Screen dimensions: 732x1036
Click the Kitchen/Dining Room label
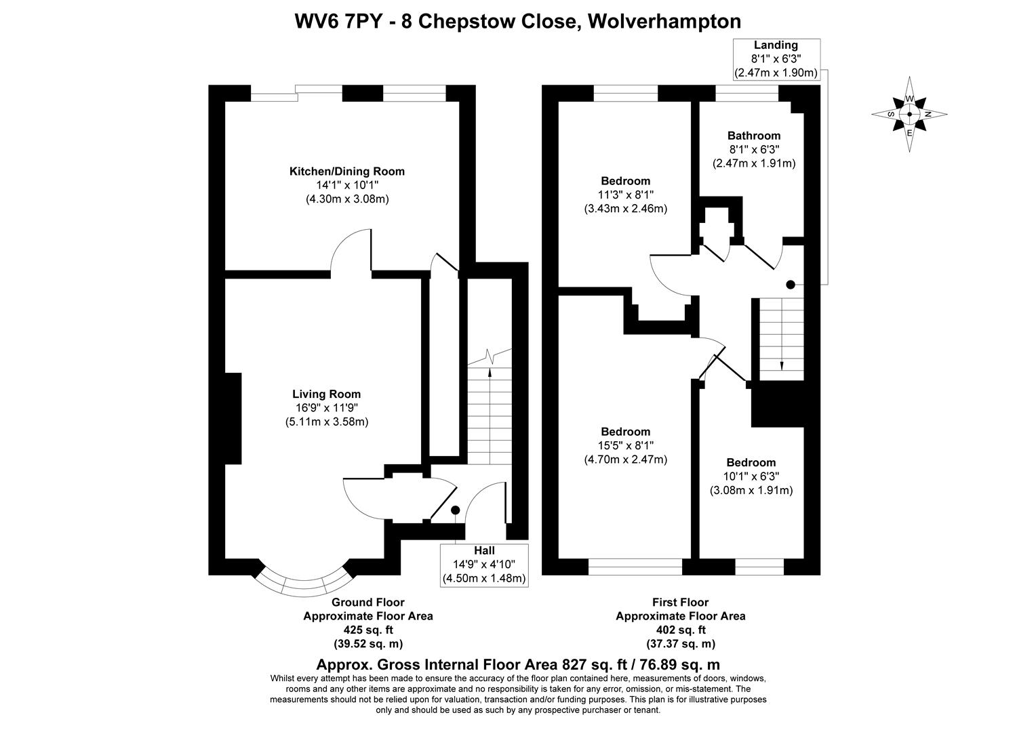pos(347,171)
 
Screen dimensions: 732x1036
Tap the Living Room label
pos(326,394)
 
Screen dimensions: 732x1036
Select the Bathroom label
pos(753,136)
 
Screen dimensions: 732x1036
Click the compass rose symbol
pos(909,114)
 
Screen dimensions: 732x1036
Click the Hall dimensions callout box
pos(483,565)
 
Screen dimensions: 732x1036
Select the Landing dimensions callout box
pos(776,59)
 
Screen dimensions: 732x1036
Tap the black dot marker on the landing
pos(791,285)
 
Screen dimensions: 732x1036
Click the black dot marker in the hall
pos(455,510)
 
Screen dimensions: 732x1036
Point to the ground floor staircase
pos(489,413)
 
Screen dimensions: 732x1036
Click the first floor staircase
pos(781,339)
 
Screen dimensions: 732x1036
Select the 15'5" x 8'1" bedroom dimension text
pos(625,446)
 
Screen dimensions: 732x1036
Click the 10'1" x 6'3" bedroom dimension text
pos(751,476)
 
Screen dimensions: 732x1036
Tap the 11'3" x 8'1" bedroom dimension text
pos(625,195)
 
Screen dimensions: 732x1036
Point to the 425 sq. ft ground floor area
pos(367,630)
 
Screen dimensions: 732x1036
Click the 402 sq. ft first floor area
pos(680,630)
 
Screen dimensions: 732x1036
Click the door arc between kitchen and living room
pos(349,251)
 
